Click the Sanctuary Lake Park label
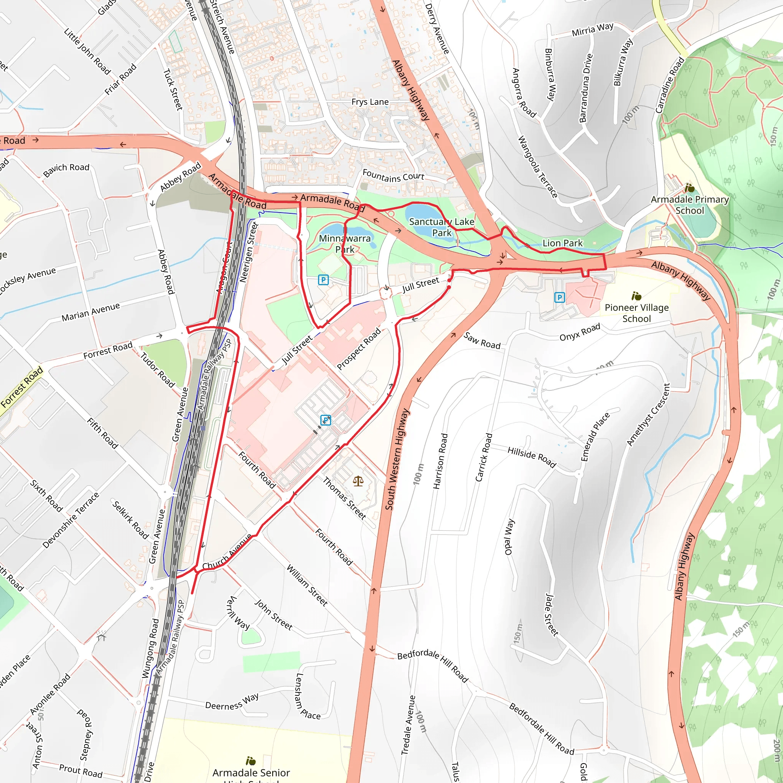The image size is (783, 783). (x=441, y=227)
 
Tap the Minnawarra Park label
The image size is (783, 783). (x=344, y=244)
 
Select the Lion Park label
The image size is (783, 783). (x=562, y=243)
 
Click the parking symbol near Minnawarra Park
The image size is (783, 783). (x=323, y=279)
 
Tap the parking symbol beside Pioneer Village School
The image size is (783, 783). (x=559, y=297)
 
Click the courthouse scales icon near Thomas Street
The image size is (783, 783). (x=358, y=481)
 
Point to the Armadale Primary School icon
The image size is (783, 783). (x=689, y=188)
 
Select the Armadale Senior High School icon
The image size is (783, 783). (x=251, y=761)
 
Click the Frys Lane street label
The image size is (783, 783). (x=370, y=102)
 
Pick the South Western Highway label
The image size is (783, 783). (x=397, y=459)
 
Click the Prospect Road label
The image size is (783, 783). (x=359, y=349)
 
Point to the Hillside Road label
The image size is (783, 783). (x=532, y=457)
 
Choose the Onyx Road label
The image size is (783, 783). (x=580, y=332)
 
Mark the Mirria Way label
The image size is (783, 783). (x=593, y=29)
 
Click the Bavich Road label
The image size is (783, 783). (x=66, y=170)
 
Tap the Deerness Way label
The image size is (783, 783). (x=232, y=703)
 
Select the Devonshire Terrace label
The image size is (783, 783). (x=71, y=520)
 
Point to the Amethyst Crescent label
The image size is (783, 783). (x=648, y=414)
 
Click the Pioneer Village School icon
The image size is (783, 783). (x=636, y=296)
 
